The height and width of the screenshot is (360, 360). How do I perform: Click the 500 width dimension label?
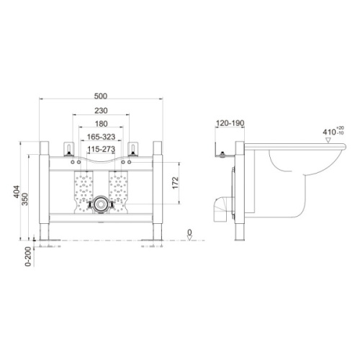point(101,96)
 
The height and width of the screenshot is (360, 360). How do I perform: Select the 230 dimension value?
point(101,111)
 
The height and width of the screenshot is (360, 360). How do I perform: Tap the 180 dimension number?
point(101,124)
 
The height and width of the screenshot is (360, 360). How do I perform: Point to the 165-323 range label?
point(101,137)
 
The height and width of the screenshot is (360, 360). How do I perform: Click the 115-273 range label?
point(101,149)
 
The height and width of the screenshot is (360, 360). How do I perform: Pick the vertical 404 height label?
point(17,192)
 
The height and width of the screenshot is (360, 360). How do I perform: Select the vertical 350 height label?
point(25,199)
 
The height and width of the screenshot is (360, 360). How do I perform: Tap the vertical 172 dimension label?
point(176,183)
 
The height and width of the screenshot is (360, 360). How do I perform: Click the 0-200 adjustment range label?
point(28,256)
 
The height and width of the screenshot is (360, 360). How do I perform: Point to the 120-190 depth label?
point(230,123)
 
